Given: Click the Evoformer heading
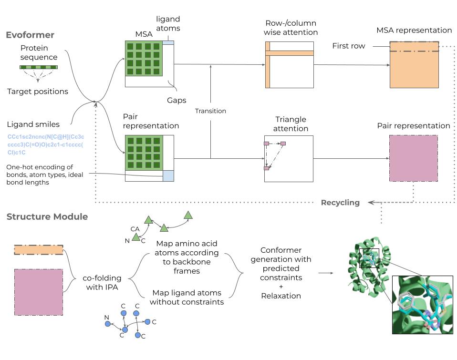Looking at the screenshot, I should tap(30, 35).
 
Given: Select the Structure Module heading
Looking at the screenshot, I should tap(47, 217).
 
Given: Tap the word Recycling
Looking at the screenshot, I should tap(340, 203).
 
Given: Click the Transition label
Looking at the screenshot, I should tap(210, 111).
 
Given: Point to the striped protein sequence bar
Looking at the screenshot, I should tap(39, 67).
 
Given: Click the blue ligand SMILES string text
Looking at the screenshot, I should tap(45, 144).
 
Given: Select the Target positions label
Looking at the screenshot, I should tap(38, 91).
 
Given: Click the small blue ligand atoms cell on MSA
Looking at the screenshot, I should tap(168, 43).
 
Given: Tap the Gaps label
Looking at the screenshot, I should tap(177, 101).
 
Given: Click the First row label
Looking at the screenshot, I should tap(349, 46).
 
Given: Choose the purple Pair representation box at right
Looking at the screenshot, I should tap(414, 158).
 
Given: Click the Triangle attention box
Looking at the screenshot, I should tap(289, 158).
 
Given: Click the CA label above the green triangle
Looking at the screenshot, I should tap(135, 229).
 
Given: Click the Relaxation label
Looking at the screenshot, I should tap(281, 296).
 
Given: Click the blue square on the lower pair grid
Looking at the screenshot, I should tap(169, 175).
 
